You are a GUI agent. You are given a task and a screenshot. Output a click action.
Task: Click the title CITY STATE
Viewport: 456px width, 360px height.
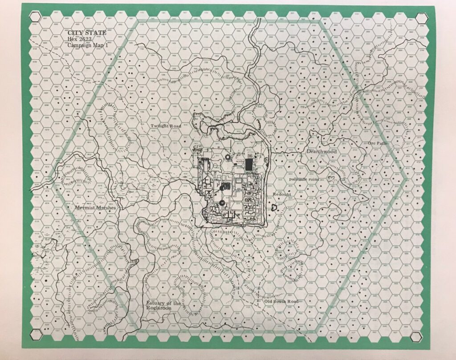tap(80, 33)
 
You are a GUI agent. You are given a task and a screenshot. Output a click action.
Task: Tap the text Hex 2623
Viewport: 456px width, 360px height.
tap(77, 39)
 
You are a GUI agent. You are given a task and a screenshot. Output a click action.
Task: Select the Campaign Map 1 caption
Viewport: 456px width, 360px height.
tap(85, 45)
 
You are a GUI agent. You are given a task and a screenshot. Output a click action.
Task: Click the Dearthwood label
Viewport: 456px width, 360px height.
tap(322, 152)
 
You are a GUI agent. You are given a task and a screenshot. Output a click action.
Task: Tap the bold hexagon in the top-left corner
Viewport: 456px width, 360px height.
tap(34, 17)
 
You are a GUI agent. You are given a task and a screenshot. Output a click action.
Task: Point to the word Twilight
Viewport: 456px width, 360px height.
tap(158, 126)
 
